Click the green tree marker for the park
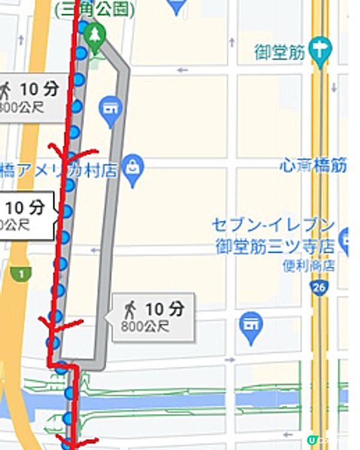point(94,34)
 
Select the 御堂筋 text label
point(280,52)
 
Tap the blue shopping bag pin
point(132,167)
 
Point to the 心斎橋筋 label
point(313,166)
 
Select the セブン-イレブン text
point(273,225)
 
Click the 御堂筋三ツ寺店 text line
point(275,246)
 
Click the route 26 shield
point(319,289)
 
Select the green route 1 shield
point(22,274)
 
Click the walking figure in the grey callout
point(129,310)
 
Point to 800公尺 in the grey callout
point(145,327)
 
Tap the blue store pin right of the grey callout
point(251,325)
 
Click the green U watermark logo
point(311,440)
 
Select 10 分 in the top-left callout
point(40,89)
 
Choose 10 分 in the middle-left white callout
point(25,208)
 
